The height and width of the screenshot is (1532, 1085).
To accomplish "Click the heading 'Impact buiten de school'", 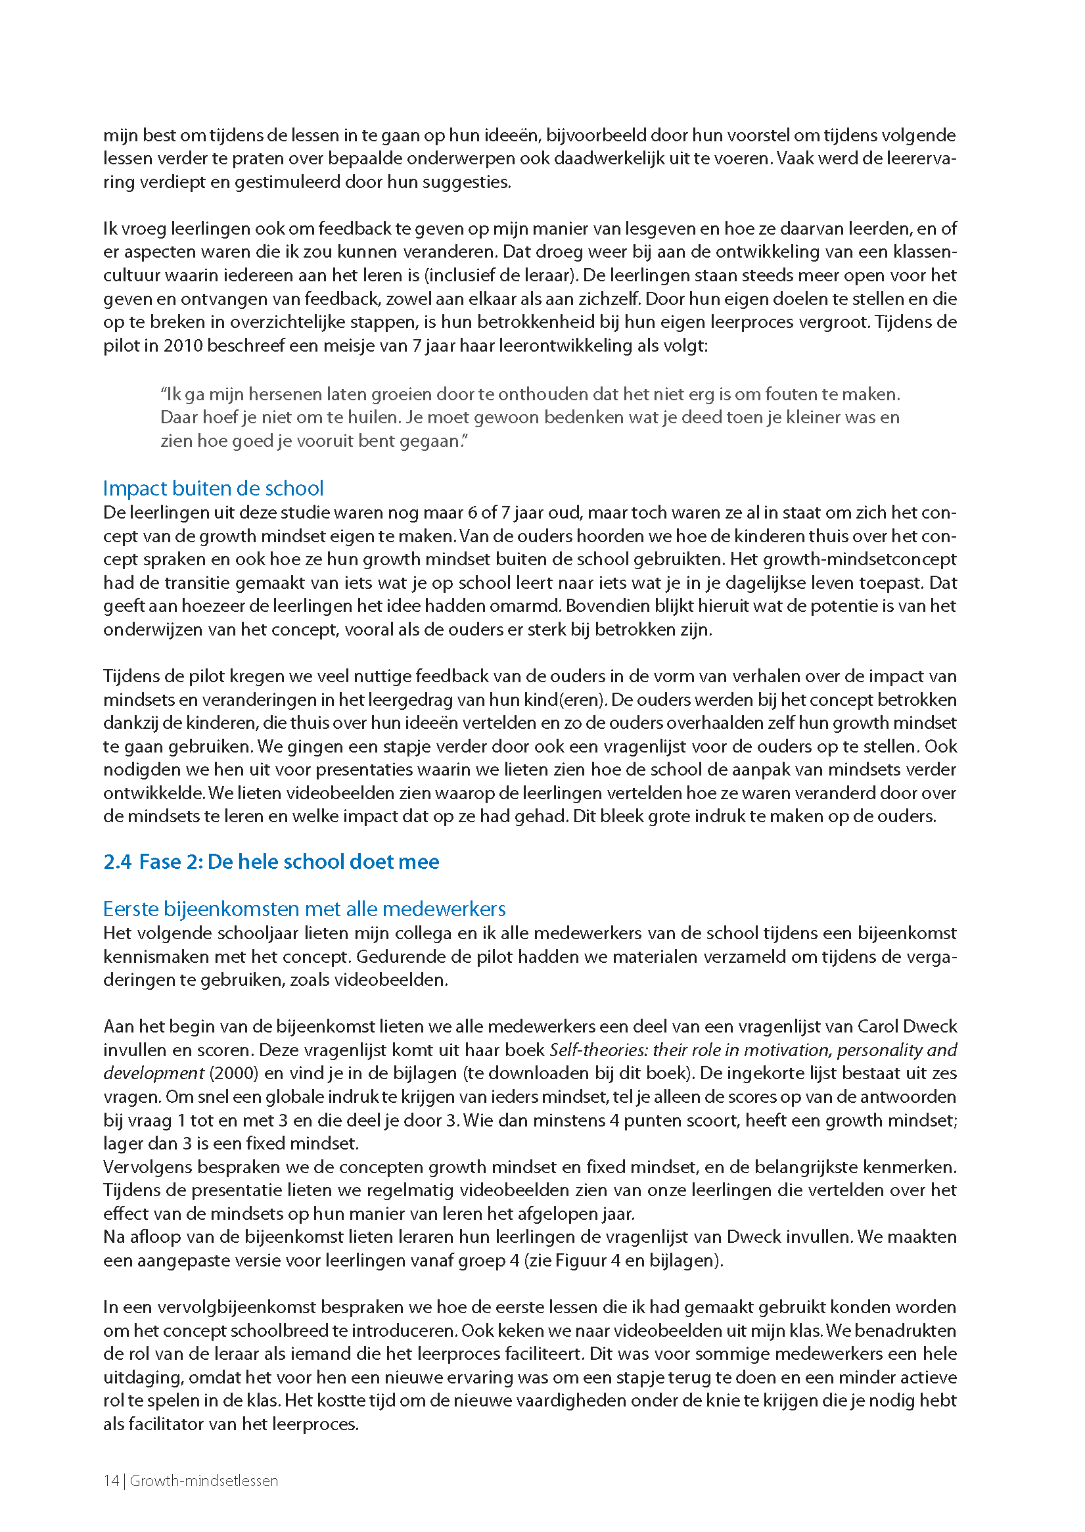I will tap(213, 488).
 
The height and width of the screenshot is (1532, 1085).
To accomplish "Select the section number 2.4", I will tap(117, 862).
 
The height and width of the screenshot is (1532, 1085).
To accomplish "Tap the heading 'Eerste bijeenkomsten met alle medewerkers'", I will tap(304, 909).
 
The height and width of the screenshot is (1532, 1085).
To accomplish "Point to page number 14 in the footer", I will tap(110, 1481).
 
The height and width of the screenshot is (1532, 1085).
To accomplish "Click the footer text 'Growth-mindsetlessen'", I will tap(204, 1481).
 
